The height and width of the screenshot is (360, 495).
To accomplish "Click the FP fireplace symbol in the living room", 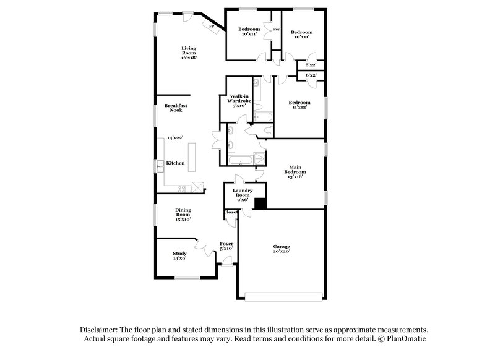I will click(212, 27).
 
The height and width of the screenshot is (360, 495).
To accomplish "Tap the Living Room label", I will click(189, 52).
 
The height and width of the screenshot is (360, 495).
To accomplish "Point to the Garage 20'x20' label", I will click(282, 249).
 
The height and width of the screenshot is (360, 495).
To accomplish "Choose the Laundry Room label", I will click(243, 194).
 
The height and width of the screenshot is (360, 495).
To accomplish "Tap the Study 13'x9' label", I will click(179, 255).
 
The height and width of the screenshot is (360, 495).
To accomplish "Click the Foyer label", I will click(227, 247).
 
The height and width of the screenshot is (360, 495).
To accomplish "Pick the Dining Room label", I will click(182, 214).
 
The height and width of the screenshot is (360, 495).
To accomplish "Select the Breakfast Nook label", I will click(176, 108).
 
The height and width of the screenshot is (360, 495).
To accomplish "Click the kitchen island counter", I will click(192, 160).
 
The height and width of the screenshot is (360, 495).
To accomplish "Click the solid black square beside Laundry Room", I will click(260, 204).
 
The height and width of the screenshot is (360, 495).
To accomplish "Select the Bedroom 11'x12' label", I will click(299, 105).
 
